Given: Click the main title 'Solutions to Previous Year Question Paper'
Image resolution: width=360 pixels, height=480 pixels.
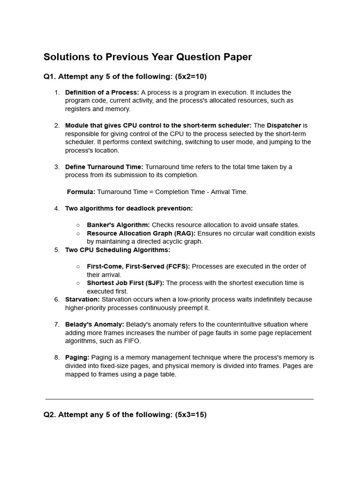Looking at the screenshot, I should pos(148,57).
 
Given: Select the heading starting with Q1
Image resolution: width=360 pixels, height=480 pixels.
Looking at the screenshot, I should pos(125,76).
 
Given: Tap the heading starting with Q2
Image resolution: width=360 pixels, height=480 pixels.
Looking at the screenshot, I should pos(125,415).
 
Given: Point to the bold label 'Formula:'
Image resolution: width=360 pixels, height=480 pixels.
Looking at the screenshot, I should pos(81,192).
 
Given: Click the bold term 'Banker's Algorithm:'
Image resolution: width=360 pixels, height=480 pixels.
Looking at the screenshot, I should pos(118,225).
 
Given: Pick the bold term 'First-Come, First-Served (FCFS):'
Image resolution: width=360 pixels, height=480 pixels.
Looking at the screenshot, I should pos(138,266).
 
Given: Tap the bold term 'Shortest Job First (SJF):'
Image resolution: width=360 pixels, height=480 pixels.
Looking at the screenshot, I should pos(126,283).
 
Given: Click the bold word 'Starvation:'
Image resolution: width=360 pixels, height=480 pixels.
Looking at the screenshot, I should pos(82,300).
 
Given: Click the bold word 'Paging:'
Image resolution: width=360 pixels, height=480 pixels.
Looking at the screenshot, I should pos(77,358).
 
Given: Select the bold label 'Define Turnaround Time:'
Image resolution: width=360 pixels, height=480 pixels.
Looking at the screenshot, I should pos(104,167).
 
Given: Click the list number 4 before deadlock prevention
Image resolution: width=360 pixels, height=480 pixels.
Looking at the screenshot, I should pos(56,208).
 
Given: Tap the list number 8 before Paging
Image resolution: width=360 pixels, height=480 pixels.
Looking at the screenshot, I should pos(56,358).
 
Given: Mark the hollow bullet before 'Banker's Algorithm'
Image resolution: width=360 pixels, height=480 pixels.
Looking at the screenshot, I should pos(78,225).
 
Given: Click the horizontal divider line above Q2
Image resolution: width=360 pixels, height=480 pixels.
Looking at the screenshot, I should pos(180,399).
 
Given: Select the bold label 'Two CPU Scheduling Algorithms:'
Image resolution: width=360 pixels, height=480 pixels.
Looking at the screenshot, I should pos(118,250).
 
